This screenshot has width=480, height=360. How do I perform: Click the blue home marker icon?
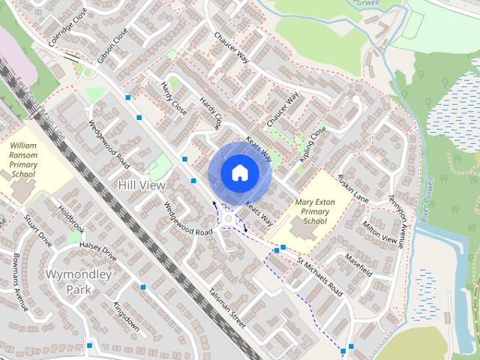tap(238, 173)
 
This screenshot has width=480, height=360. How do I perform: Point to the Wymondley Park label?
tap(79, 281)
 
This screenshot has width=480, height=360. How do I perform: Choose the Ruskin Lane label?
tap(352, 188)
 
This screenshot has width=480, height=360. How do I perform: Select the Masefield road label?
tap(358, 264)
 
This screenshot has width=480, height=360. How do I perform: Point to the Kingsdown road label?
tap(124, 315)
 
